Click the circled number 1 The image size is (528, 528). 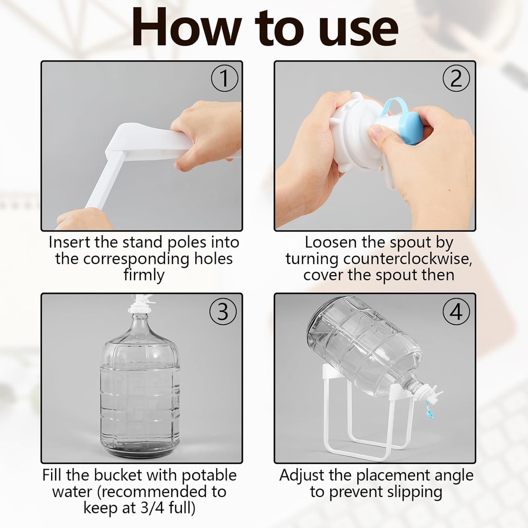pyautogui.click(x=224, y=79)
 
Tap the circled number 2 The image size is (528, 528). pyautogui.click(x=456, y=79)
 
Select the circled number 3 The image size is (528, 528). pyautogui.click(x=223, y=311)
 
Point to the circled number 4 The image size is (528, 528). pyautogui.click(x=456, y=311)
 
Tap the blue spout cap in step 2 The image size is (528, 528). pyautogui.click(x=411, y=127)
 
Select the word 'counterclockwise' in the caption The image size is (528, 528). pyautogui.click(x=378, y=259)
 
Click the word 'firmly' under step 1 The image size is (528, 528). pyautogui.click(x=143, y=275)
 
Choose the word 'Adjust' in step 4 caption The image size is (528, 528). pyautogui.click(x=304, y=475)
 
